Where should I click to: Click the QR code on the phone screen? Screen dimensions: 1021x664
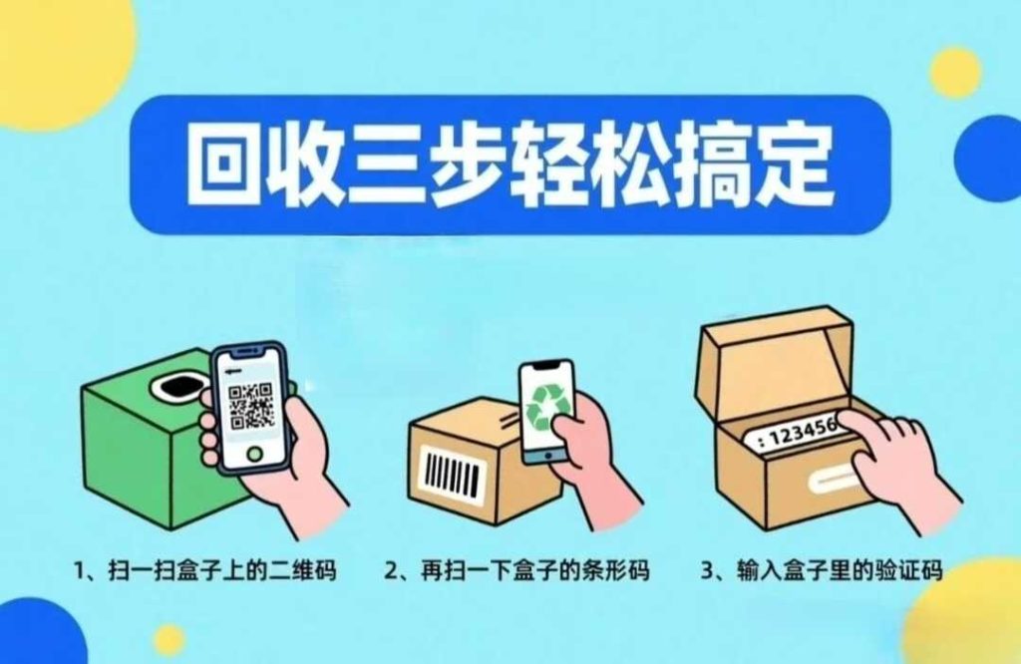(250, 406)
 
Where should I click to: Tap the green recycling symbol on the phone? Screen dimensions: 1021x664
(547, 407)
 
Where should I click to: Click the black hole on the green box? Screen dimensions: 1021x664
(177, 387)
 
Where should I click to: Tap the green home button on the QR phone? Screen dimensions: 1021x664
(254, 453)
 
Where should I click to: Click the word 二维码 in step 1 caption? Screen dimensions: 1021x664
(305, 570)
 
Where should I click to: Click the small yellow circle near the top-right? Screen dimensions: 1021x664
(955, 72)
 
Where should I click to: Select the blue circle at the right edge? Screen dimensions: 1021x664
(990, 159)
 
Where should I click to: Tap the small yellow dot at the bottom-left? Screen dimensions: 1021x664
(170, 640)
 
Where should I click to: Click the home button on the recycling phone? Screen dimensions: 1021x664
(547, 457)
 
